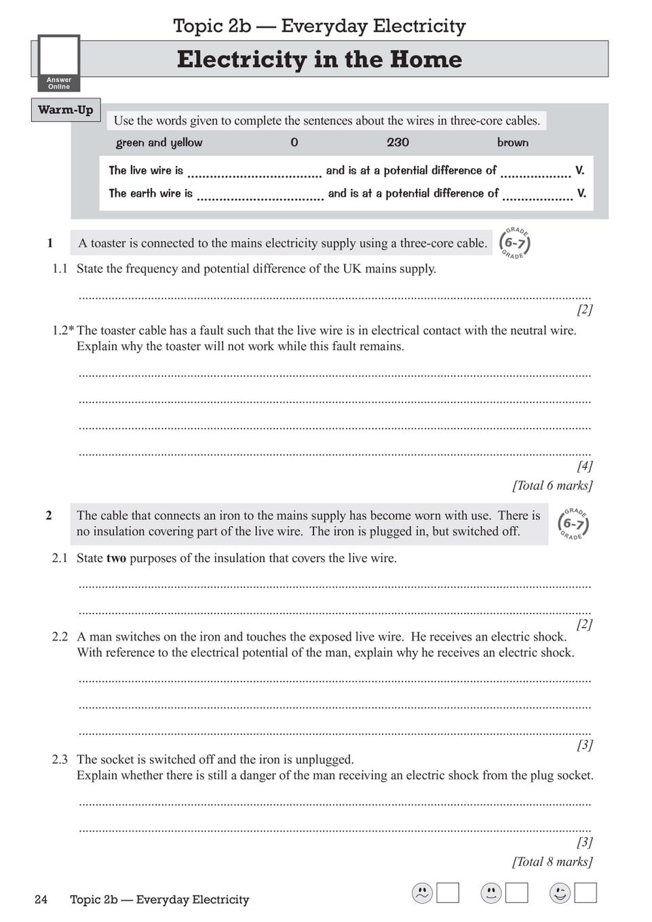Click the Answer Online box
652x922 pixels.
[59, 63]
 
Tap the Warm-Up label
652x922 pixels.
[65, 110]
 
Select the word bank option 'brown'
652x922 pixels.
[512, 142]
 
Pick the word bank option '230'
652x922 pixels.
[398, 142]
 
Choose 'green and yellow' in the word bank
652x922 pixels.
[159, 142]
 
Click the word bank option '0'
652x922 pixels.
[294, 142]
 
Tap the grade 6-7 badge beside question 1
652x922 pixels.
[515, 243]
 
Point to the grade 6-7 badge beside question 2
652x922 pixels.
[573, 523]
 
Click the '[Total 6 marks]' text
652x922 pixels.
[552, 485]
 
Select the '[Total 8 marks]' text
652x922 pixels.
[552, 862]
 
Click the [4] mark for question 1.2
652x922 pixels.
[584, 466]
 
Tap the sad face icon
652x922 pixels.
[422, 893]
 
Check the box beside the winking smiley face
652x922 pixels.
[586, 893]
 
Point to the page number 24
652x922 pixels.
[41, 900]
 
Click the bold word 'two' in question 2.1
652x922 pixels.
[116, 559]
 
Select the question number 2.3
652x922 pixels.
[60, 759]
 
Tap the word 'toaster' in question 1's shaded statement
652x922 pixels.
[109, 243]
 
